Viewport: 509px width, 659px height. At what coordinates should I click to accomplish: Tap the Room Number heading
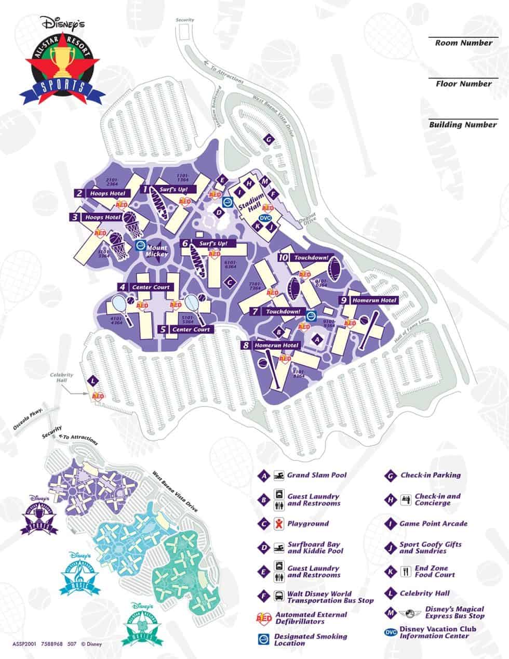click(463, 43)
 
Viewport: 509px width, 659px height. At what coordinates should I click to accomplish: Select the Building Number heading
click(463, 125)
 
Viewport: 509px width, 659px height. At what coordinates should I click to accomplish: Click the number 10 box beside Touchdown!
click(283, 257)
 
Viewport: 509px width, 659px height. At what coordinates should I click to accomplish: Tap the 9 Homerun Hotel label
click(368, 300)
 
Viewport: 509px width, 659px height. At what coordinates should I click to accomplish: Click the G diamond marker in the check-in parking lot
click(269, 139)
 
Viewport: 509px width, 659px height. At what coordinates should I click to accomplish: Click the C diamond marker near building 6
click(228, 282)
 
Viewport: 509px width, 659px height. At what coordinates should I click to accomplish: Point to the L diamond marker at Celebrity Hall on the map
click(93, 381)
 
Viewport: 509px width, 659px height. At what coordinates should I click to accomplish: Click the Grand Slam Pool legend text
click(317, 475)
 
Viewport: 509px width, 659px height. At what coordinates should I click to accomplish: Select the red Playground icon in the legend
click(279, 523)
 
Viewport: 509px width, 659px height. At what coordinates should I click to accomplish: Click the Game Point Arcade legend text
click(433, 524)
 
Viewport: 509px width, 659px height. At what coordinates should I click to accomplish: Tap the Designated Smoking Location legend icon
click(264, 639)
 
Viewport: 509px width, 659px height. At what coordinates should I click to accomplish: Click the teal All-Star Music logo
click(76, 574)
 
